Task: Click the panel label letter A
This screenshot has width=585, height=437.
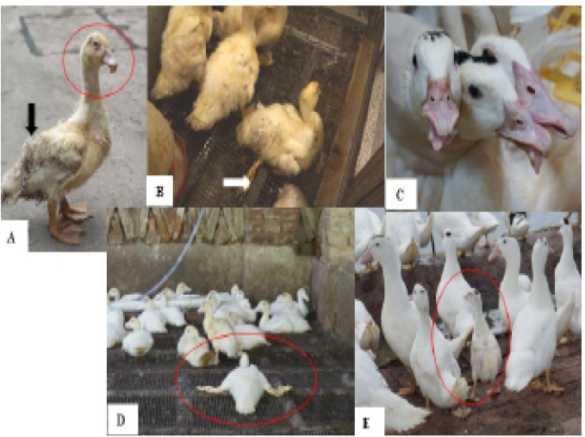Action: [x=11, y=237]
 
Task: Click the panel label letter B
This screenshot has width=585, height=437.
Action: [x=159, y=191]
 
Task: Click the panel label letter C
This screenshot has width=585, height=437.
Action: [x=400, y=195]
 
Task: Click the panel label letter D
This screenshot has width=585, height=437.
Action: [x=121, y=421]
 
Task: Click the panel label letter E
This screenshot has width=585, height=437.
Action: [x=366, y=423]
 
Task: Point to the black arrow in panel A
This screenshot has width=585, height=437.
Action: [x=32, y=119]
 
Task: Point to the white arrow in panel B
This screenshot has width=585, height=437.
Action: [x=237, y=183]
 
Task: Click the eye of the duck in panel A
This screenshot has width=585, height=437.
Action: [x=96, y=44]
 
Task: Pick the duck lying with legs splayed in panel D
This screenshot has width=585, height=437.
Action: [x=245, y=386]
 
